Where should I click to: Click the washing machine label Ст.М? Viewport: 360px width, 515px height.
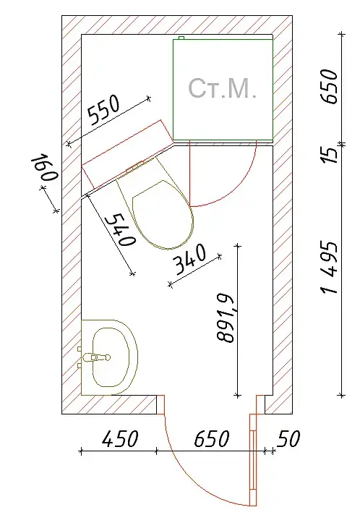tap(222, 88)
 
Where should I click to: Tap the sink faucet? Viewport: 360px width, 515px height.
tap(97, 357)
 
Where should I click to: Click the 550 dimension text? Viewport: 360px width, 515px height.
tap(104, 111)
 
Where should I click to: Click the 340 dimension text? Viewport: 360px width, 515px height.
tap(189, 259)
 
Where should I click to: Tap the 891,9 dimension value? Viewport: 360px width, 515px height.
tap(226, 318)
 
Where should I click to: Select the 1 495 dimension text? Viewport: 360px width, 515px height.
tap(329, 268)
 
